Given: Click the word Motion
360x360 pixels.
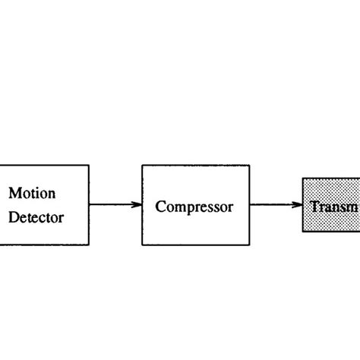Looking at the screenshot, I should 32,193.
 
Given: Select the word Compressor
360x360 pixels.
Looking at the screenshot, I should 194,206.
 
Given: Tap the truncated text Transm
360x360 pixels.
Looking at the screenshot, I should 334,206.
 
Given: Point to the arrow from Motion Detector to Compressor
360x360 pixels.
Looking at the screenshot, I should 114,204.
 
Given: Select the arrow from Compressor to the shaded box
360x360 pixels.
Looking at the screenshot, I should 276,204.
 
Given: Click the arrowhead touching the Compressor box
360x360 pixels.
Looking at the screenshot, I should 137,204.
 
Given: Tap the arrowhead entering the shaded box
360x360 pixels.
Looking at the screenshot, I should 298,204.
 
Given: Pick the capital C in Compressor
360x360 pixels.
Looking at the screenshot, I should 160,206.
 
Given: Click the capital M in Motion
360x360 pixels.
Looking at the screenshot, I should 14,193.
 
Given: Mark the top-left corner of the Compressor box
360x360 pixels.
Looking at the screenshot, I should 142,165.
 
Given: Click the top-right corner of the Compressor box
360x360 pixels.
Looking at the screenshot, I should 250,165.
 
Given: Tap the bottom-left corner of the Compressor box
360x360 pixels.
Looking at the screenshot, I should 142,245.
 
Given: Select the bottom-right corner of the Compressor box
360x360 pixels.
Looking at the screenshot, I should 250,245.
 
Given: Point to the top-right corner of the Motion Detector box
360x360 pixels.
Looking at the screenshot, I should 89,165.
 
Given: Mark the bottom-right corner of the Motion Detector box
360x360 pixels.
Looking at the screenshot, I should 89,245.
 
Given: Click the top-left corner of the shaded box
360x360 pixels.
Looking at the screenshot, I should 303,178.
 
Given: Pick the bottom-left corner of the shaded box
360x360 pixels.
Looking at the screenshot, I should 303,232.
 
